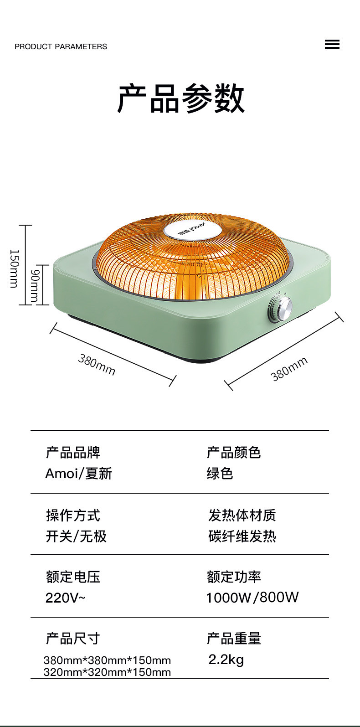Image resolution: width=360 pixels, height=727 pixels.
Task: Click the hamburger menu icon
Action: pos(332,45)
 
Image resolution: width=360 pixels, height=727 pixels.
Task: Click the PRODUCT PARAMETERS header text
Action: pos(61,46)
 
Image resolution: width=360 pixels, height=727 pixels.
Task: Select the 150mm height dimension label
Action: pos(14,268)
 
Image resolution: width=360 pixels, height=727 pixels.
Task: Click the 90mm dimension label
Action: pos(35,285)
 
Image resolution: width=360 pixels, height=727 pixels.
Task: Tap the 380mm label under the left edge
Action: pos(97,364)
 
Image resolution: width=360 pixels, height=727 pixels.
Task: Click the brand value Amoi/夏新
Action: pos(78,474)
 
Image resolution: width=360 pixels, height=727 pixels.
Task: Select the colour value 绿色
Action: pos(220,474)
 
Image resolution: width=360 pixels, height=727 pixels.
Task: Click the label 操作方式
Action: pos(73,516)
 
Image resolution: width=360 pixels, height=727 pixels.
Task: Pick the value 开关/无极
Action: pos(76,536)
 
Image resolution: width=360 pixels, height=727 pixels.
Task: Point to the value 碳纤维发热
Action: pos(242,536)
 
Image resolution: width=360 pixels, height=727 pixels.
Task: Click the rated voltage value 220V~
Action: pos(65,598)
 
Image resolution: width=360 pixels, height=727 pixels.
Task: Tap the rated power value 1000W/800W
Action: pos(252,598)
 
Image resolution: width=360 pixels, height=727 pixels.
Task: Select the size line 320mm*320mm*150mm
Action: pos(107,672)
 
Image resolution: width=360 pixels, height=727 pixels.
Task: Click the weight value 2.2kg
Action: pos(226,659)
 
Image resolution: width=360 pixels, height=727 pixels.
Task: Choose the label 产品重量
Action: pos(234,639)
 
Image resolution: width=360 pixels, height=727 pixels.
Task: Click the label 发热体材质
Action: pos(242,516)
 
